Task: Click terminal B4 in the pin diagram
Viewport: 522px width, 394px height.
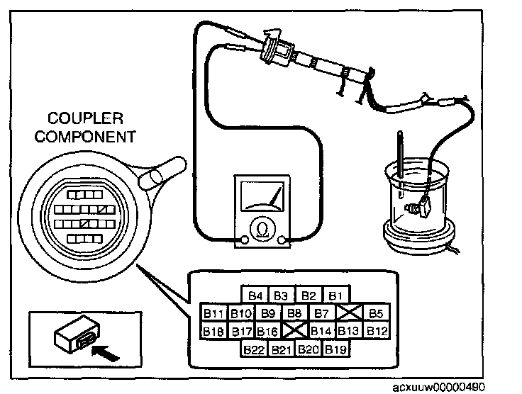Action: tap(255, 295)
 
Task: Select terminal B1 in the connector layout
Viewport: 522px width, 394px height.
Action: tap(336, 295)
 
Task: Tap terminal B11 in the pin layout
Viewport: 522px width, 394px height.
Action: tap(213, 313)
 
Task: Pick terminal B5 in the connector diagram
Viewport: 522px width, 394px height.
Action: tap(376, 313)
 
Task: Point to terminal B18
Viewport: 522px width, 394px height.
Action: tap(213, 331)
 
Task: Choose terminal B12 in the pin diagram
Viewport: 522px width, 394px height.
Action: tap(376, 331)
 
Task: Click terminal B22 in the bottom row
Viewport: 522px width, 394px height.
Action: tap(255, 349)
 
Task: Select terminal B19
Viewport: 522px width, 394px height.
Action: tap(336, 349)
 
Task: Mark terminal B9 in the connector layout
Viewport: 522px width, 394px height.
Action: tap(268, 313)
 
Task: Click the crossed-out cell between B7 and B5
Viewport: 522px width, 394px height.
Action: tap(349, 313)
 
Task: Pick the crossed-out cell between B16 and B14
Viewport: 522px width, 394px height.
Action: tap(295, 331)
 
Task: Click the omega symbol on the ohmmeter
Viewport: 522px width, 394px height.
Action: tap(262, 229)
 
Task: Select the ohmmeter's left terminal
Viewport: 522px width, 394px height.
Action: tap(244, 240)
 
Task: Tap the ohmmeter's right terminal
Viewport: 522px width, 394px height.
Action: tap(282, 240)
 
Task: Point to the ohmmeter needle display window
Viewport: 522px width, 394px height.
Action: tap(262, 196)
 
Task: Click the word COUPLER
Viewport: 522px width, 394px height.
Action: tap(85, 118)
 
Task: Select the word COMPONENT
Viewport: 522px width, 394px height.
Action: tap(85, 137)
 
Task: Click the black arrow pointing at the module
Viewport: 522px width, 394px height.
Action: tap(105, 353)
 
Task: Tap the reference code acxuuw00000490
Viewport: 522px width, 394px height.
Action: tap(439, 388)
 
